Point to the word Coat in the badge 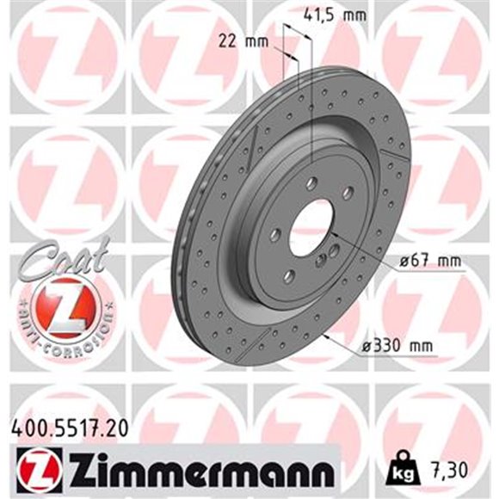click(61, 257)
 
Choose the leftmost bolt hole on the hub click(274, 235)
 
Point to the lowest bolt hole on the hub click(290, 275)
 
